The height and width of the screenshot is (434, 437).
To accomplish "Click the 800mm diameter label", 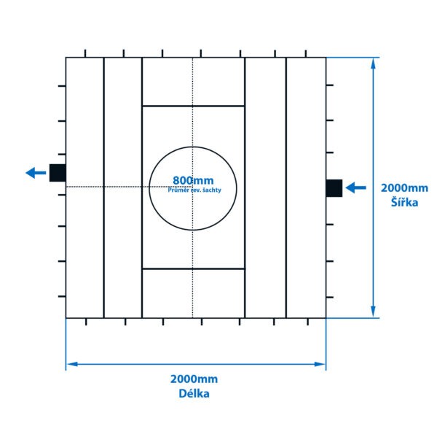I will click(x=193, y=180).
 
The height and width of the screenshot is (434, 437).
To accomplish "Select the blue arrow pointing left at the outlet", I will click(x=35, y=173).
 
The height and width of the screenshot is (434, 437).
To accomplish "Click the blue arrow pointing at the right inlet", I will click(x=355, y=187).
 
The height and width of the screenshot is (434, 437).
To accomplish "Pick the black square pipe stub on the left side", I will click(x=58, y=173).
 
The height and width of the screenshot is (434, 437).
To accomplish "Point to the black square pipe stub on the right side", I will click(x=334, y=187).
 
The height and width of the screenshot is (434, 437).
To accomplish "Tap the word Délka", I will click(x=194, y=394).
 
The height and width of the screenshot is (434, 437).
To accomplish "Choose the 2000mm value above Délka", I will click(x=194, y=379).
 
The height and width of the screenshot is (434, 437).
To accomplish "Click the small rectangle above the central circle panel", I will click(x=193, y=82).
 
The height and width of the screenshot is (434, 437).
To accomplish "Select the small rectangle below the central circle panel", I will click(x=193, y=292).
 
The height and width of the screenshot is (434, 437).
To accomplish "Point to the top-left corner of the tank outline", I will click(x=66, y=58).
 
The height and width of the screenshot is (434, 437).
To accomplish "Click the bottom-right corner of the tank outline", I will click(x=326, y=318).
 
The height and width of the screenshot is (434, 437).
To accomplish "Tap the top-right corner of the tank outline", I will click(x=326, y=58).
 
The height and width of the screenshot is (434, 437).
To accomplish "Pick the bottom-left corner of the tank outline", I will click(x=66, y=318).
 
